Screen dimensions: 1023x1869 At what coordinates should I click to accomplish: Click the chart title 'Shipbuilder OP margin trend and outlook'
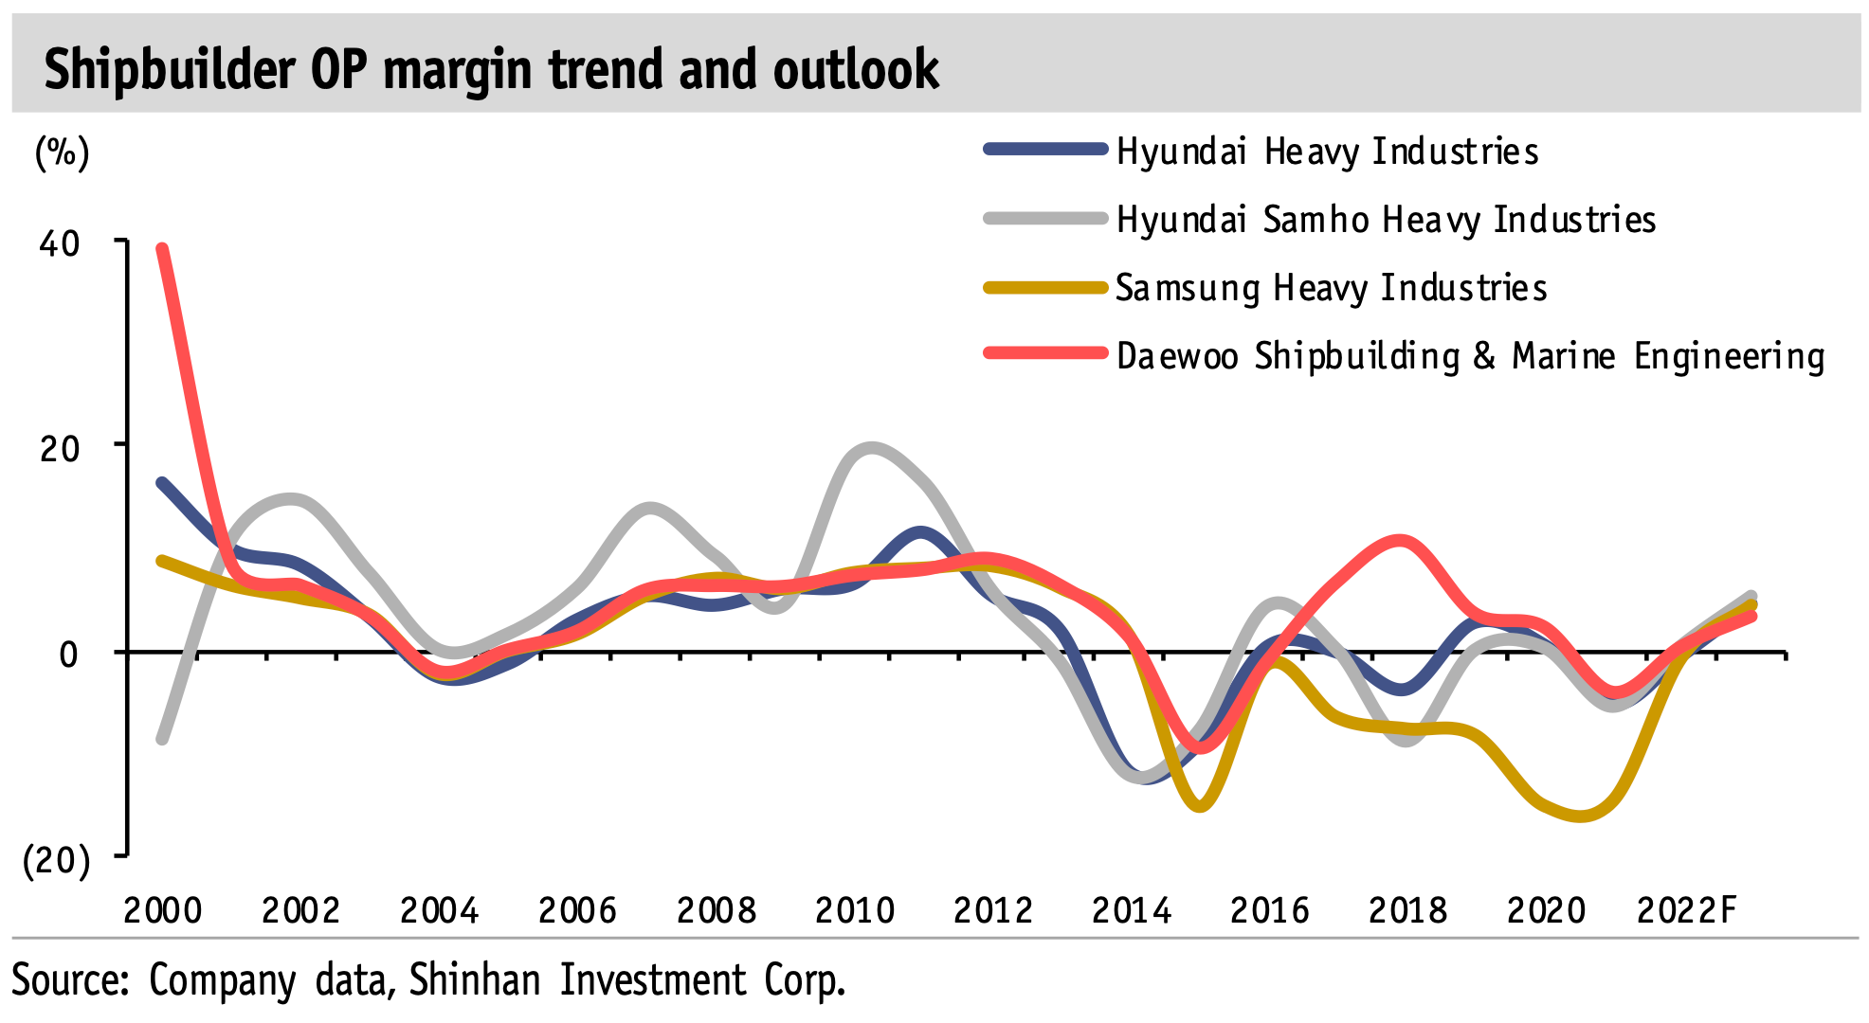tap(491, 69)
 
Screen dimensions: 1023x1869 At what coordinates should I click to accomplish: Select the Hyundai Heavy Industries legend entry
tap(1327, 152)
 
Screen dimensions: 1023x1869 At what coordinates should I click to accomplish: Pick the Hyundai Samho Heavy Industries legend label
tap(1386, 220)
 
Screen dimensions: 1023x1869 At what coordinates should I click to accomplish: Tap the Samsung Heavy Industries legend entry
tap(1331, 288)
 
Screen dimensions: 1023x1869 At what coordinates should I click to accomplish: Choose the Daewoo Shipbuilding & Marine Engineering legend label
tap(1470, 356)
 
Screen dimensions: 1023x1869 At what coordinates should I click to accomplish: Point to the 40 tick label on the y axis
tap(59, 243)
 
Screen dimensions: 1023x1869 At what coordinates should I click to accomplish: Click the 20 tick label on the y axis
tap(59, 448)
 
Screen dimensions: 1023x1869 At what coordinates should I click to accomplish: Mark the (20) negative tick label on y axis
tap(56, 860)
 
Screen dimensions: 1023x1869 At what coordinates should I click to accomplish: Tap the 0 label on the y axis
tap(68, 654)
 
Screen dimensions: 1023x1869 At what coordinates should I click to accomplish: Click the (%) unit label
tap(62, 152)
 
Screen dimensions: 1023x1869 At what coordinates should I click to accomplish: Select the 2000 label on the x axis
tap(163, 910)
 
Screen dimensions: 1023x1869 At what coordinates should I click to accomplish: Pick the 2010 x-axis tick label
tap(855, 910)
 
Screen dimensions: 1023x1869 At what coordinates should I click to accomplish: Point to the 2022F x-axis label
tap(1687, 910)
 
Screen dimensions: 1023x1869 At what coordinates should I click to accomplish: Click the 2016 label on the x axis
tap(1270, 910)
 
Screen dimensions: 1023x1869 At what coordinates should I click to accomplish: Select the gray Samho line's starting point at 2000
tap(162, 740)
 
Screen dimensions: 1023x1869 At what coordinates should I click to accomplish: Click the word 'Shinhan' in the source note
tap(474, 979)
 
